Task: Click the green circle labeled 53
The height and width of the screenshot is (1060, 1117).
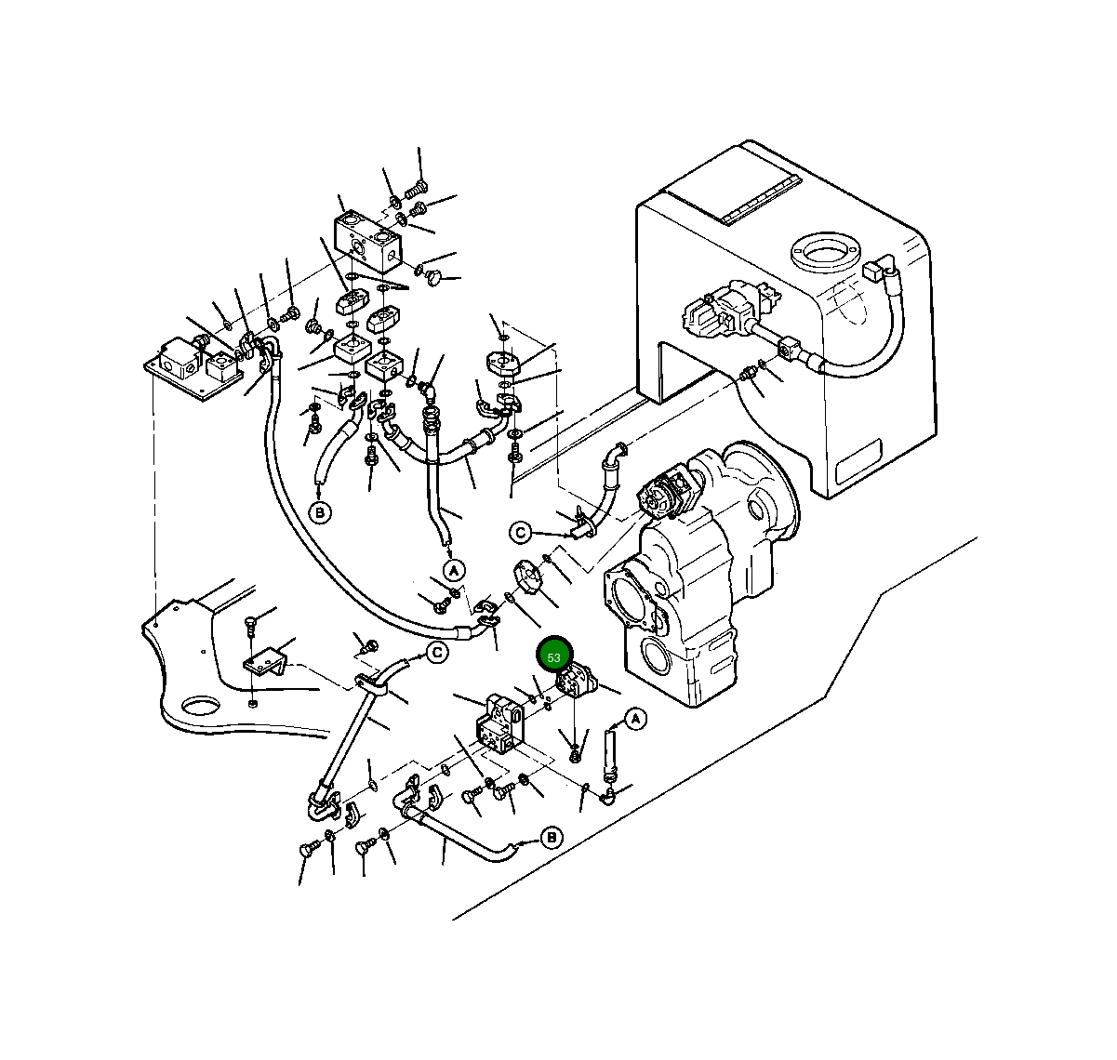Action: click(554, 656)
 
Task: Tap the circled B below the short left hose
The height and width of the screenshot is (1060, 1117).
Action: click(320, 512)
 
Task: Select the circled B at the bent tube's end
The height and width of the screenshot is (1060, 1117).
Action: click(551, 838)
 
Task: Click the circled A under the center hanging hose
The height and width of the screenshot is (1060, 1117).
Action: click(453, 570)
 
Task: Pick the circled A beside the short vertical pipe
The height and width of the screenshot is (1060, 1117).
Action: click(635, 719)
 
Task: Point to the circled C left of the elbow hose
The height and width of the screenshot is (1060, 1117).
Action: click(521, 533)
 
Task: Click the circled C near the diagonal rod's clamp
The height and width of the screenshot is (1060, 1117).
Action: click(437, 653)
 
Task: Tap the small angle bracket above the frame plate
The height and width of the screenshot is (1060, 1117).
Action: click(265, 662)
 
